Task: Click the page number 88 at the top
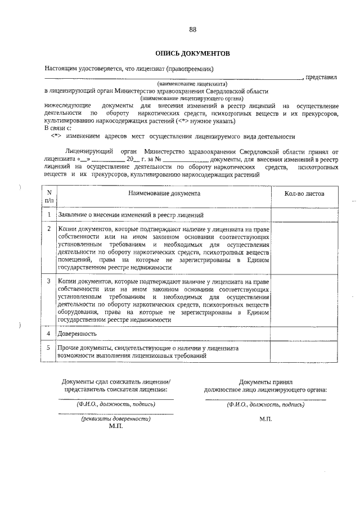[x=192, y=30]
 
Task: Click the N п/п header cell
[x=49, y=196]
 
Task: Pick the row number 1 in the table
[x=49, y=215]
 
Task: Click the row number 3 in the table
[x=49, y=281]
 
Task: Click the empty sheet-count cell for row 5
[x=304, y=353]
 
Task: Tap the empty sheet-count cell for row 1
[x=304, y=215]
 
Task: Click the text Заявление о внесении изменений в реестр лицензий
[x=127, y=215]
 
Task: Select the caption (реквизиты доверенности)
[x=116, y=419]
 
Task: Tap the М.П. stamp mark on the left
[x=116, y=426]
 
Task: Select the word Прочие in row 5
[x=67, y=349]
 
